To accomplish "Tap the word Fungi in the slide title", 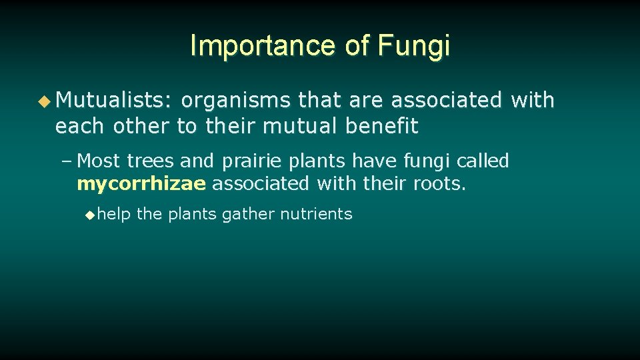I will (x=413, y=46).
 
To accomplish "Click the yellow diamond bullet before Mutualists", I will (x=44, y=101).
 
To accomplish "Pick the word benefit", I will (x=382, y=126).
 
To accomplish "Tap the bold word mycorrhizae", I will (x=141, y=183).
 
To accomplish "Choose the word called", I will (x=483, y=161).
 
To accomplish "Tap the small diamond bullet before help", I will (x=91, y=215).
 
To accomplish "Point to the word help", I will (x=114, y=214).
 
